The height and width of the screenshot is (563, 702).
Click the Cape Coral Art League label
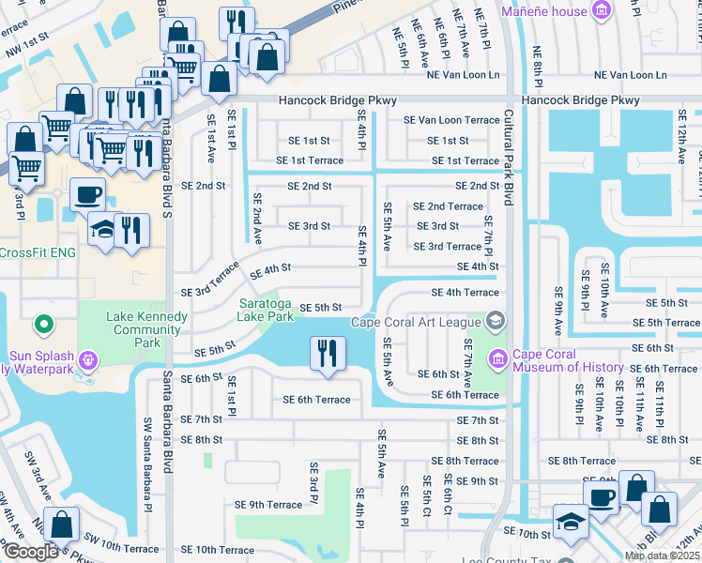pos(416,323)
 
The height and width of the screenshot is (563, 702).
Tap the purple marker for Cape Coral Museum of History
pos(496,358)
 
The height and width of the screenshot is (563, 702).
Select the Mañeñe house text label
pos(544,11)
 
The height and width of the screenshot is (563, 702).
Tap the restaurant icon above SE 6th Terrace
pos(327,355)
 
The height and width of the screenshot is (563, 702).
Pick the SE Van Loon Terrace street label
pos(451,120)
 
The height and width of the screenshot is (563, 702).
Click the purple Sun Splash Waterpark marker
pos(88,358)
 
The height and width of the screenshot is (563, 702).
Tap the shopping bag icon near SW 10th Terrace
pos(61,525)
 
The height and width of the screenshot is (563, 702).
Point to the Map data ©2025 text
pos(663,555)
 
